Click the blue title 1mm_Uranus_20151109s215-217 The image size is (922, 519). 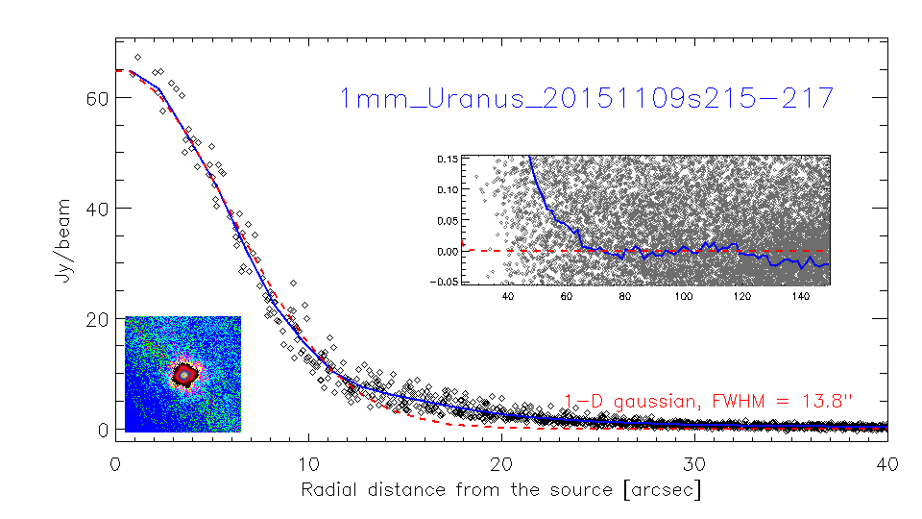587,98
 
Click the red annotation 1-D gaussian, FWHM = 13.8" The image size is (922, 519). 708,402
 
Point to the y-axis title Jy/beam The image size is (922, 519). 63,240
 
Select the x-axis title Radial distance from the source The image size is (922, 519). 457,489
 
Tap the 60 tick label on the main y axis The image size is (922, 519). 98,98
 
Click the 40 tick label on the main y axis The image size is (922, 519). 98,209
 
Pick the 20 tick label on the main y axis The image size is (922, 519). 98,319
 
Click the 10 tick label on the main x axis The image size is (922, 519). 308,464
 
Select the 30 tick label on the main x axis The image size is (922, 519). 694,464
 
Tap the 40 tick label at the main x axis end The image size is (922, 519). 887,464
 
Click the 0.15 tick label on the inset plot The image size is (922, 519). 448,159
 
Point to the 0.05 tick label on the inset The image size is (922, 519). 448,221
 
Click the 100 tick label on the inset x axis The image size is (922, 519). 683,296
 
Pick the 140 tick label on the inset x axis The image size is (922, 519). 801,296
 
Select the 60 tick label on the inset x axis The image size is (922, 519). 567,296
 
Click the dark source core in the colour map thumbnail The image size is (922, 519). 184,374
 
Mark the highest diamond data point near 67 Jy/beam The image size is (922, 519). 137,57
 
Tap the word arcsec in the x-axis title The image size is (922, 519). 663,489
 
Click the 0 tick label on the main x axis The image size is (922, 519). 115,464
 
